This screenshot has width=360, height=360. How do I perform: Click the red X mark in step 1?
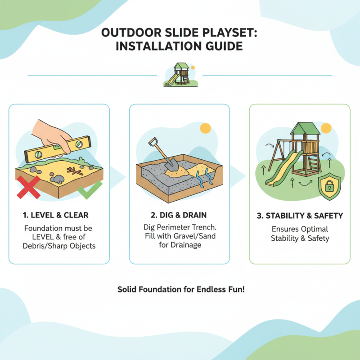click(27, 187)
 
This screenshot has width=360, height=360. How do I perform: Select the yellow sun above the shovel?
click(206, 128)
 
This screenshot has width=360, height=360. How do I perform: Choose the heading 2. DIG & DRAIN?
click(180, 216)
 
